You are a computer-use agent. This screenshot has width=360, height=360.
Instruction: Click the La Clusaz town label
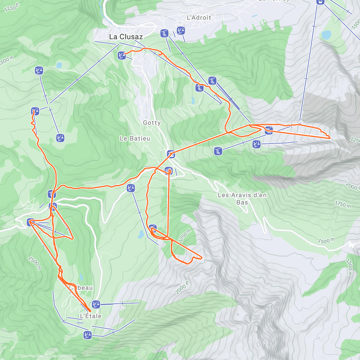(x=126, y=37)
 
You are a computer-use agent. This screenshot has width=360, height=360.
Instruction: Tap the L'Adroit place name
(x=199, y=18)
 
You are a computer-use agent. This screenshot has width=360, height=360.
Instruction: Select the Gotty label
(x=152, y=123)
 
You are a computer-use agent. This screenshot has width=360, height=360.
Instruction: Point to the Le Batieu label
(x=135, y=139)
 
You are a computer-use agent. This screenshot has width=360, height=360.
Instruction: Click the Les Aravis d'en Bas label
(x=242, y=199)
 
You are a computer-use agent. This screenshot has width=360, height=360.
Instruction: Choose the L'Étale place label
(x=91, y=316)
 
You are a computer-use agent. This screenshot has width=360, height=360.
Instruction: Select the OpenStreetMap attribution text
(x=61, y=356)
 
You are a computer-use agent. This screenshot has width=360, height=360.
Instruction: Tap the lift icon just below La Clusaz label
(x=121, y=55)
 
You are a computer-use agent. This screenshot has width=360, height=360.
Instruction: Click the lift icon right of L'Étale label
(x=96, y=304)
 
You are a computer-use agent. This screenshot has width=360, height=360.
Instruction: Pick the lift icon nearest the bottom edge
(x=88, y=335)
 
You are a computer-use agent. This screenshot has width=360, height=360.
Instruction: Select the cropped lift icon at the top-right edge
(x=320, y=2)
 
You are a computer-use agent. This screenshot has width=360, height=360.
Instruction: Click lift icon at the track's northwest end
(x=35, y=111)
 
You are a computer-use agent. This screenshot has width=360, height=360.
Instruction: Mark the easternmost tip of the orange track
(x=330, y=138)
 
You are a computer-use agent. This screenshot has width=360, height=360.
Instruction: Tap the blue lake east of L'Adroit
(x=326, y=35)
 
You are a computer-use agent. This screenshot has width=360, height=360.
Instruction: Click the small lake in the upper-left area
(x=59, y=65)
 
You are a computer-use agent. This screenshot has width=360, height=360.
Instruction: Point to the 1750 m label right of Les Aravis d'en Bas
(x=343, y=204)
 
